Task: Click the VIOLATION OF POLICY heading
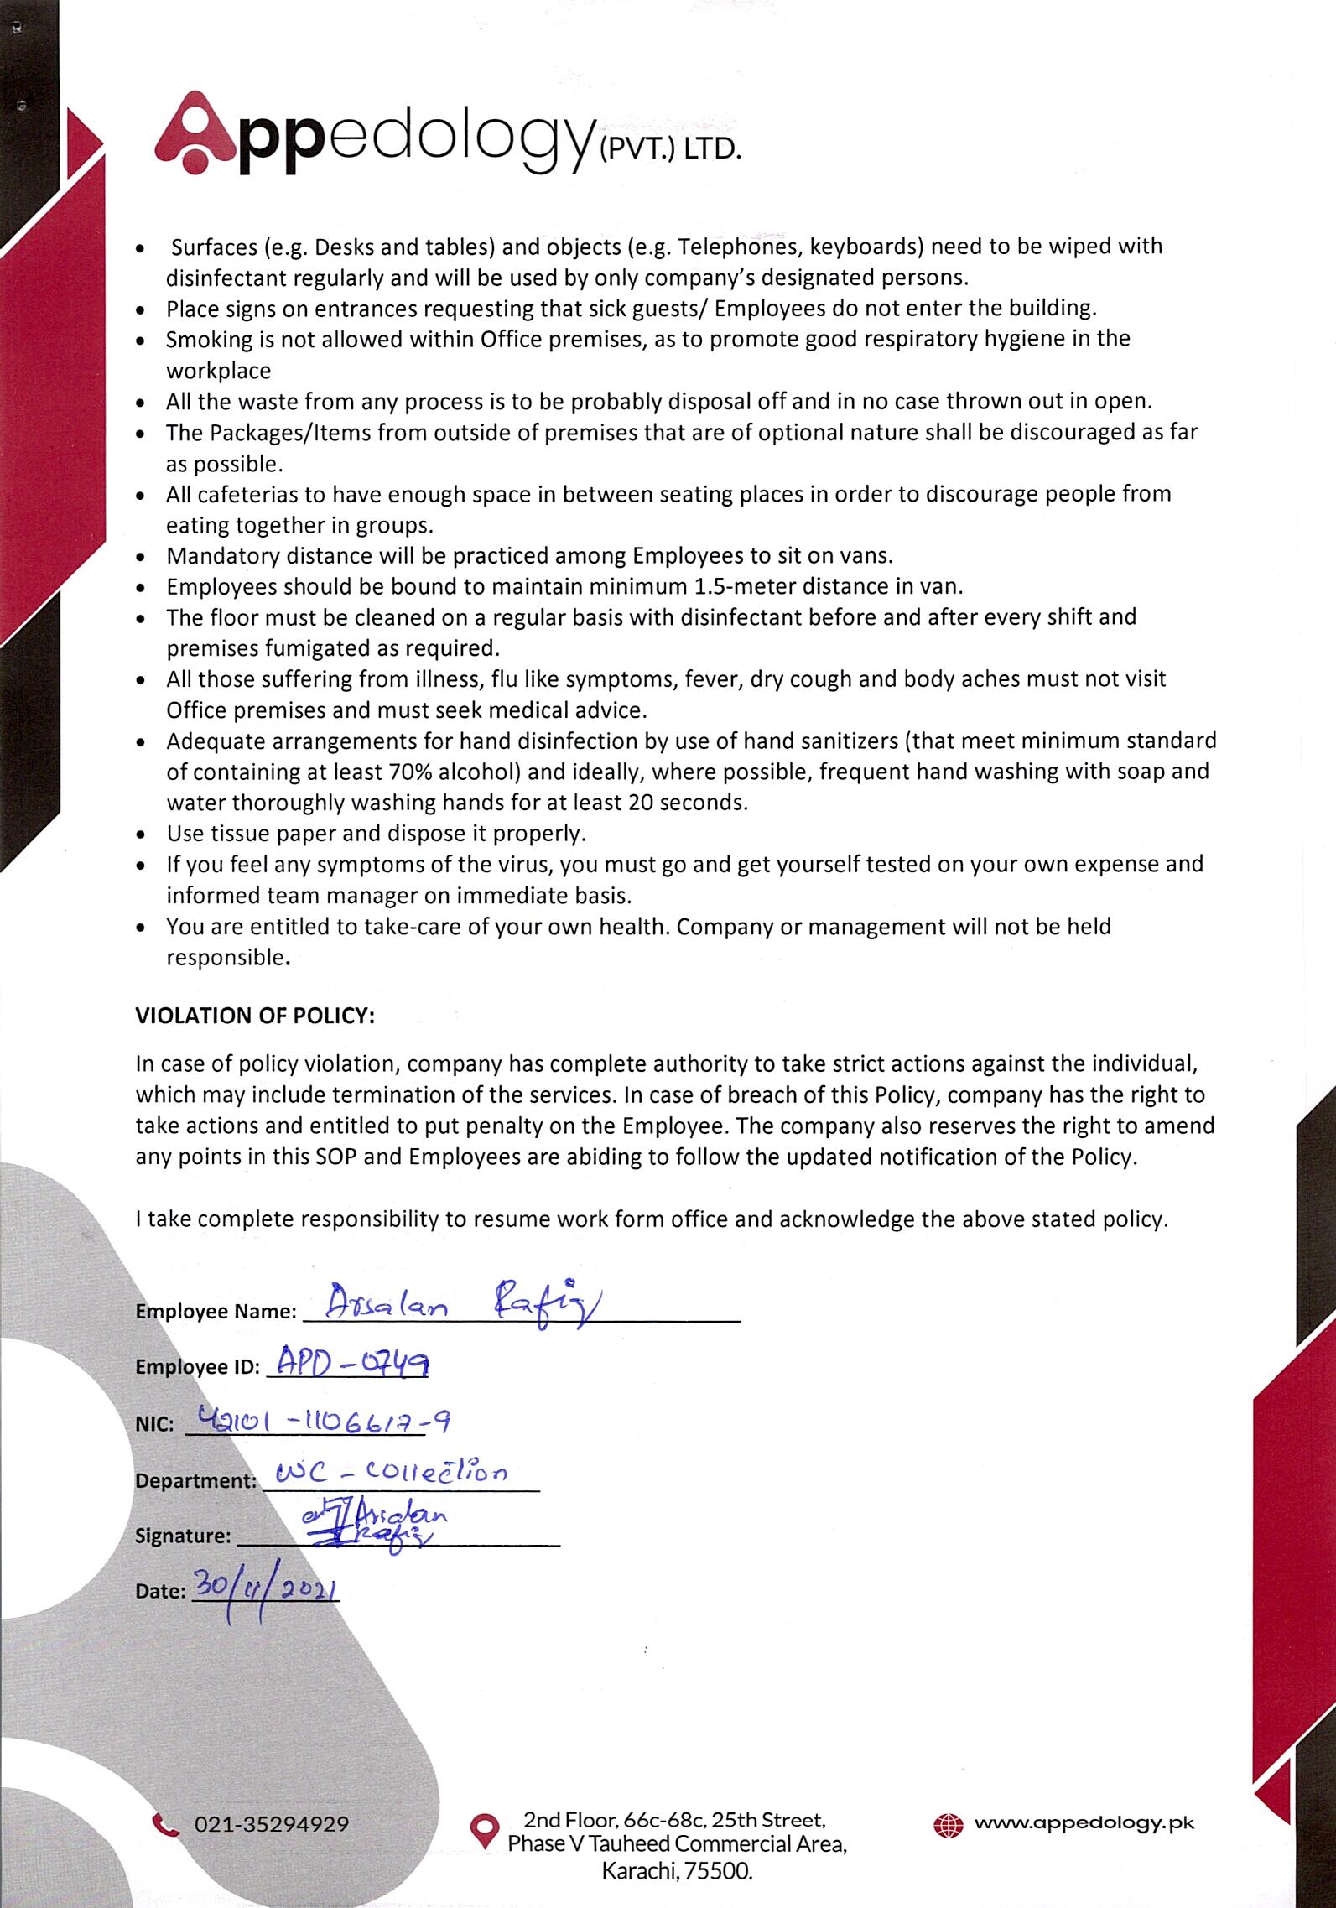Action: tap(255, 1016)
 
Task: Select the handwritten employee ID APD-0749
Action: tap(351, 1365)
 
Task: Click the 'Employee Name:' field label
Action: tap(216, 1312)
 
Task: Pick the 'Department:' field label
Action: tap(195, 1480)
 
